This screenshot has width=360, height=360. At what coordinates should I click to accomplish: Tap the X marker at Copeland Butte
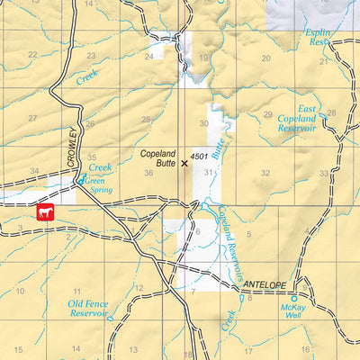coord(185,164)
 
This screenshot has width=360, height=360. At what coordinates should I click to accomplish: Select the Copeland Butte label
coord(158,159)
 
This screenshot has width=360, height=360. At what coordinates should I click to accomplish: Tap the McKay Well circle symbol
coord(293,297)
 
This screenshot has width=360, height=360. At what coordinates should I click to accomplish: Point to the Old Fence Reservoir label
coord(88,310)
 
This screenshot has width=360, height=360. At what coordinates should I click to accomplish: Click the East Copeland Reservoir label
coord(301,119)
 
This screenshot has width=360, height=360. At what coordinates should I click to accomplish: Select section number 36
coord(148,172)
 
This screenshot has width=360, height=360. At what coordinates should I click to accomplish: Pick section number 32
coord(265,172)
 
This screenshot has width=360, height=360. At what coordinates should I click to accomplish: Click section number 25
coord(145,119)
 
